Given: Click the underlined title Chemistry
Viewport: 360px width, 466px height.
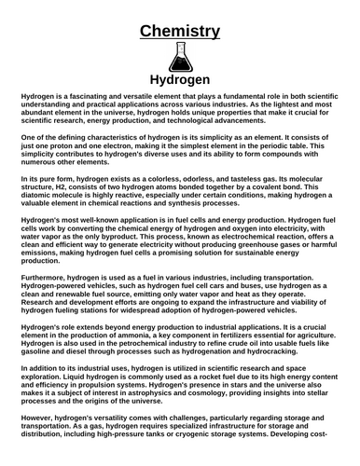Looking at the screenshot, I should pyautogui.click(x=180, y=32).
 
